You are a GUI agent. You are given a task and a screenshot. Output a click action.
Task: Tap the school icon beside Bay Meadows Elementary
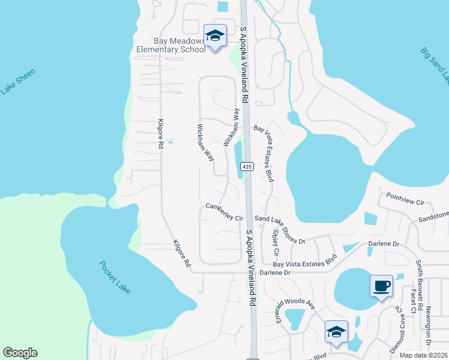(215, 37)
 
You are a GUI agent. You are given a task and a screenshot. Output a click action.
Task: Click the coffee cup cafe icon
(381, 286)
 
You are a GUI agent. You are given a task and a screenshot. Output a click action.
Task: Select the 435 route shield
(246, 166)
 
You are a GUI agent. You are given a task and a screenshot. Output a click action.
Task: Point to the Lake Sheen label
(18, 82)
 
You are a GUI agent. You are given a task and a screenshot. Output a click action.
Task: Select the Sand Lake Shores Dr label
(280, 230)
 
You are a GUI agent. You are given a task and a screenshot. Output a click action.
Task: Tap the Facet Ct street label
(413, 304)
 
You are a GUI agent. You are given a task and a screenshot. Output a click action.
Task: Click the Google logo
(20, 353)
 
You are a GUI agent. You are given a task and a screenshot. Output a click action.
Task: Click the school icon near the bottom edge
(336, 332)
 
